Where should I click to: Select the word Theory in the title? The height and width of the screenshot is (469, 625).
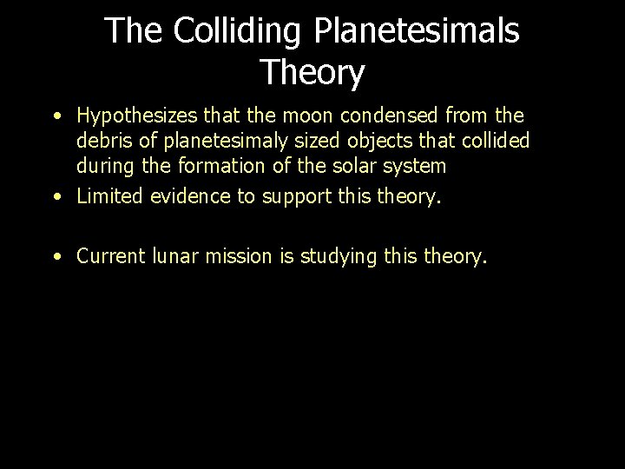(312, 73)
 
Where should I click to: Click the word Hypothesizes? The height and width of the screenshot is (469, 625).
(138, 116)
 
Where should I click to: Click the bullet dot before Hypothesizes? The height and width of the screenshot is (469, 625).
(56, 116)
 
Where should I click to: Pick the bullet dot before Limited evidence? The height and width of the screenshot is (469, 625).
(56, 196)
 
